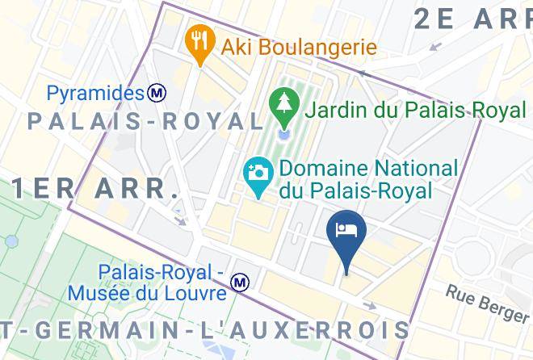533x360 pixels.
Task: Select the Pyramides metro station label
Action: [x=94, y=94]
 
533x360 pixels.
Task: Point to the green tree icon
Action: [x=284, y=104]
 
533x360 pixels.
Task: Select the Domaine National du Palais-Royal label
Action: [x=368, y=179]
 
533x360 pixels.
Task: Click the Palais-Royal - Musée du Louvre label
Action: [x=160, y=281]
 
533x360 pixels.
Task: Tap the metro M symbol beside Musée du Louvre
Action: [x=239, y=283]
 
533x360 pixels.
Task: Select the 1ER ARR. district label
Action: [x=94, y=188]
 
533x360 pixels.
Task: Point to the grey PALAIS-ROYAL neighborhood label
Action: [x=145, y=122]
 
